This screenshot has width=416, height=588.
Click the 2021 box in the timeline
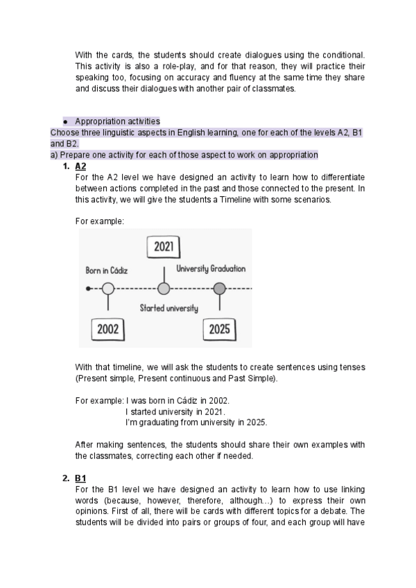[x=164, y=247]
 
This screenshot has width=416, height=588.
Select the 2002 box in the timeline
[x=108, y=329]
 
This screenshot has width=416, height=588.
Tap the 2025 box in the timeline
[x=219, y=329]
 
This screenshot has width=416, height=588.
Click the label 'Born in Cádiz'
[x=107, y=270]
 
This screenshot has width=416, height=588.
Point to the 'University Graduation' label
[x=211, y=268]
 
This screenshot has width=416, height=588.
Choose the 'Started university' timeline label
[x=168, y=308]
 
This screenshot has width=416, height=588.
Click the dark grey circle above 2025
[x=219, y=288]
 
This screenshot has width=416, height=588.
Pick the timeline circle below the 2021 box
[x=164, y=288]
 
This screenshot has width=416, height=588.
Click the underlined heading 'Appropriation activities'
[x=117, y=121]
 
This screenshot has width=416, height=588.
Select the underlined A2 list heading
[x=80, y=166]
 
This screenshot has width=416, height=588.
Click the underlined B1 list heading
[x=80, y=478]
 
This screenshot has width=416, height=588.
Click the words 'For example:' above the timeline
[x=99, y=221]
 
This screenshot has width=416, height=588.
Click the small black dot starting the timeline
[x=87, y=288]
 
